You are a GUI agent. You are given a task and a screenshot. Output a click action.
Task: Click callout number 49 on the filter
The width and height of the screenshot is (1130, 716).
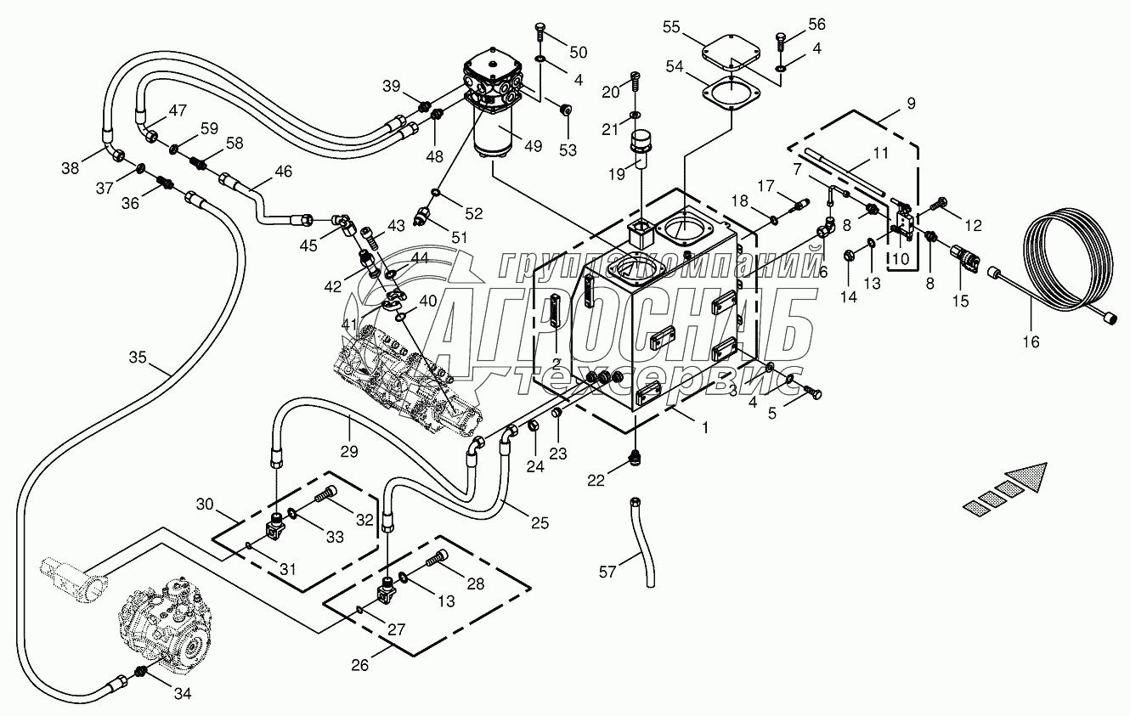point(532,146)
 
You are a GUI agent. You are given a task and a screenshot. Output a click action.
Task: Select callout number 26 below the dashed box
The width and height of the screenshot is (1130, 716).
point(361,664)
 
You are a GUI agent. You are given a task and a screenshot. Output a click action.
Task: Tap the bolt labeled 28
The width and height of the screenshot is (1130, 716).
point(437,557)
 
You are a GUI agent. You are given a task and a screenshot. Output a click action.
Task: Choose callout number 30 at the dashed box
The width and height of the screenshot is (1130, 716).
point(205,504)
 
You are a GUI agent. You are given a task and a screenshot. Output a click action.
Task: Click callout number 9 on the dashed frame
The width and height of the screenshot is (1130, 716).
point(911,104)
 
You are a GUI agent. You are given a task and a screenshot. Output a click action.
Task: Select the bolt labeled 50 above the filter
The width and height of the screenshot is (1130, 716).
point(540,32)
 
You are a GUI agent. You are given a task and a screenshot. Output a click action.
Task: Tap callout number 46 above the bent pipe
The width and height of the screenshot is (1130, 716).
point(283,171)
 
